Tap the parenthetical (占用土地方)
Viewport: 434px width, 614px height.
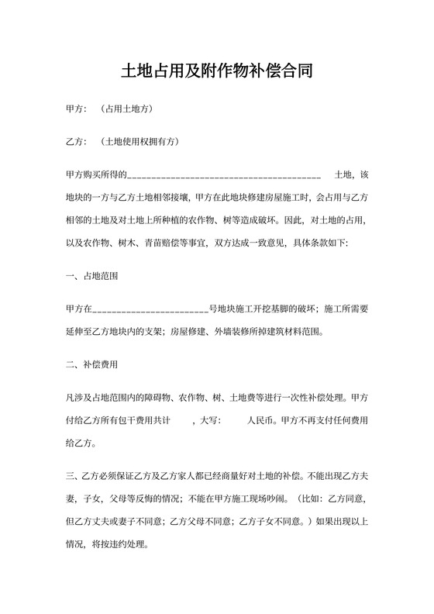pyautogui.click(x=126, y=109)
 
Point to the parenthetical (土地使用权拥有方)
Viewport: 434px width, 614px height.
pyautogui.click(x=140, y=142)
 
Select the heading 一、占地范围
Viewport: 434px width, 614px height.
pyautogui.click(x=92, y=276)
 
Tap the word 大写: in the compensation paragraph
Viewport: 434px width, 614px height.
pyautogui.click(x=209, y=422)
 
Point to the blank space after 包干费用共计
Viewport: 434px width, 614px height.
pyautogui.click(x=181, y=422)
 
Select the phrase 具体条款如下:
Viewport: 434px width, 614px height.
pyautogui.click(x=321, y=243)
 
